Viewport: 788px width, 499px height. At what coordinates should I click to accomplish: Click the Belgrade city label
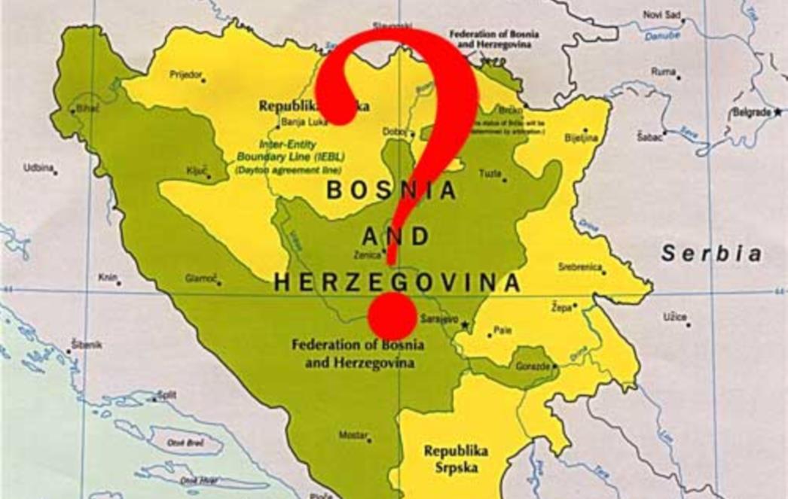[751, 112]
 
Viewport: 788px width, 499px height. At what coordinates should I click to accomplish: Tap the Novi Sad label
[662, 14]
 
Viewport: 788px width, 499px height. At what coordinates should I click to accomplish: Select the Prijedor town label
[186, 74]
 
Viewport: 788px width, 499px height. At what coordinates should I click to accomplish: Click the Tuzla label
[490, 174]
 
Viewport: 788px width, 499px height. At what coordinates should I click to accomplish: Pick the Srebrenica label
[579, 266]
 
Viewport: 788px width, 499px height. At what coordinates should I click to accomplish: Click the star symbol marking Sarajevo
[466, 325]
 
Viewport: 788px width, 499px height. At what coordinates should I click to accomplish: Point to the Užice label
[674, 317]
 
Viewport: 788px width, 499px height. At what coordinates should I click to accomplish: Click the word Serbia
[711, 254]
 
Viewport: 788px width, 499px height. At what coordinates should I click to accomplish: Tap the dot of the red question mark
[392, 316]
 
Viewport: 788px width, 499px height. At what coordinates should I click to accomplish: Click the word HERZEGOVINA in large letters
[397, 283]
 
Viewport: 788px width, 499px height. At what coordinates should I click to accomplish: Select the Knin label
[107, 278]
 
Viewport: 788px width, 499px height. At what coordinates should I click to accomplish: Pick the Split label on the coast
[167, 395]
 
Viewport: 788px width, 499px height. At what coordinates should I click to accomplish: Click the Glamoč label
[200, 278]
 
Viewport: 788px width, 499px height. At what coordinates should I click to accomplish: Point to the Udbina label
[38, 168]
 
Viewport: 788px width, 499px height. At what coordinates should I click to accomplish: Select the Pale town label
[502, 330]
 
